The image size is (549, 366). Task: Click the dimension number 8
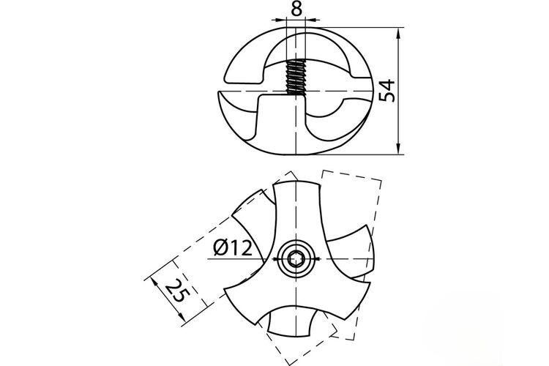click(296, 9)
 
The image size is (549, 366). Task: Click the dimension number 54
click(387, 91)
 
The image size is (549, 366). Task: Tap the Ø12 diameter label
click(233, 248)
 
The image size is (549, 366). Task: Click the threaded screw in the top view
click(296, 78)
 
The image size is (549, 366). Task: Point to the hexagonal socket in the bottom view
click(296, 260)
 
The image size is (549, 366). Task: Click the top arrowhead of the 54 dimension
click(399, 34)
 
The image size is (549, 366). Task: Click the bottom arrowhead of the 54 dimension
click(399, 147)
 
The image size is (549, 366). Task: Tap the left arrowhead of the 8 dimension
click(280, 20)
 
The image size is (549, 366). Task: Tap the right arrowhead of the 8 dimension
click(313, 20)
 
